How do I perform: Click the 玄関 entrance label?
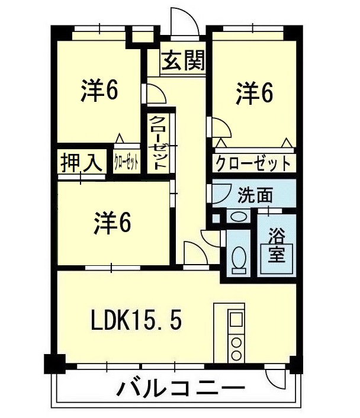coord(183,60)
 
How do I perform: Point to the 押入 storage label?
coord(81,162)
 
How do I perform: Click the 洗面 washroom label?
coord(255,195)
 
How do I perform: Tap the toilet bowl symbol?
coord(239,257)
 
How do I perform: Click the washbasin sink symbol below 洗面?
coord(238,216)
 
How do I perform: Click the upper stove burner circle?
coord(236,343)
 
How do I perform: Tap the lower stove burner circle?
coord(236,355)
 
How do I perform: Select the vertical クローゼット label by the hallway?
coord(158,143)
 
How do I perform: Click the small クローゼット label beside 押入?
coord(127,162)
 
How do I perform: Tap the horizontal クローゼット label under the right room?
coord(253,163)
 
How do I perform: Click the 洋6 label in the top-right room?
coord(254,94)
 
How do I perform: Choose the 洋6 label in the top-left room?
coord(99,90)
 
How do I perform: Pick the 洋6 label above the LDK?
coord(112,223)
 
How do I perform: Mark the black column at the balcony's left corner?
coord(54,364)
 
